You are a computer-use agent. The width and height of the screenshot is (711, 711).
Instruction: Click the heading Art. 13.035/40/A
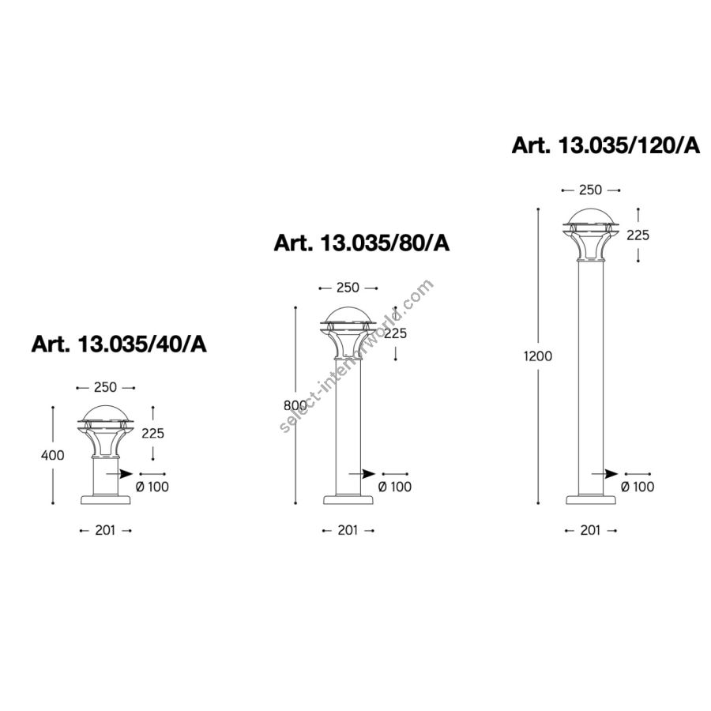[118, 344]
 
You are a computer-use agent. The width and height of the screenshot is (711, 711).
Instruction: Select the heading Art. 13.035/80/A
[361, 243]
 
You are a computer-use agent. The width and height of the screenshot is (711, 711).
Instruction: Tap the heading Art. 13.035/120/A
[606, 145]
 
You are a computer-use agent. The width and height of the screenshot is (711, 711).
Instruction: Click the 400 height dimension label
[53, 455]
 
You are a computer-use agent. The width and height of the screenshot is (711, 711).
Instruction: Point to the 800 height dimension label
[295, 405]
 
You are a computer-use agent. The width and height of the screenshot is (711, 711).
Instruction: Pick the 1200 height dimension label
[538, 356]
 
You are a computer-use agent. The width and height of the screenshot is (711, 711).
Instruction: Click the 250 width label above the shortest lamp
[105, 387]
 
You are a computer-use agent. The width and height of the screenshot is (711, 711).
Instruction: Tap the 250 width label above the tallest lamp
[590, 190]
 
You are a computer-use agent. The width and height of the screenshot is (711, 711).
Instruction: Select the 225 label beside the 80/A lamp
[396, 333]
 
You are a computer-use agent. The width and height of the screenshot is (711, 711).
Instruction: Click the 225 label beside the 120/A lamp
[638, 235]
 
